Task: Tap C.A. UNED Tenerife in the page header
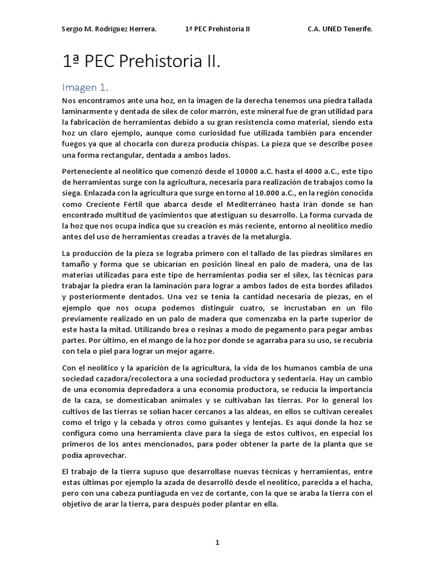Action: [340, 28]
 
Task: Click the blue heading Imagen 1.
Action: [85, 87]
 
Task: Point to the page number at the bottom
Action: [217, 542]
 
